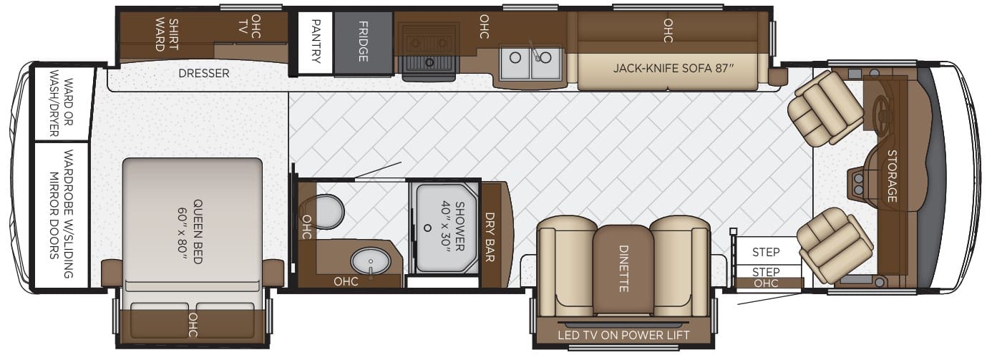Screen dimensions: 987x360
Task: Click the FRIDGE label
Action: point(363,42)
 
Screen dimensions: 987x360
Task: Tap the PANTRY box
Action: point(316,42)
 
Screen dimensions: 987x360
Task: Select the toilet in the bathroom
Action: point(323,212)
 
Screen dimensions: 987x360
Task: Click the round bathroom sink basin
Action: point(371,261)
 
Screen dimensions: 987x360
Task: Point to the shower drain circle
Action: point(427,228)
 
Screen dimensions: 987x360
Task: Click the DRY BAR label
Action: point(490,237)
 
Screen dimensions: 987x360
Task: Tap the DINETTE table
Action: point(623,270)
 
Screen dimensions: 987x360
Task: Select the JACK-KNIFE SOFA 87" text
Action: point(674,68)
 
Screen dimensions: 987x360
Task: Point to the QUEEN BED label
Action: point(191,231)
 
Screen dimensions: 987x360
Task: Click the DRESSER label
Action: point(203,73)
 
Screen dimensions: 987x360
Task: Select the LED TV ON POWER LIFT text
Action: point(623,336)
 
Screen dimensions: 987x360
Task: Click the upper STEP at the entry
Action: point(766,252)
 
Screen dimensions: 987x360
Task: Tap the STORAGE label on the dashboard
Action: point(892,176)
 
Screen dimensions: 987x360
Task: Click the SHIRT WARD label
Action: point(167,35)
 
